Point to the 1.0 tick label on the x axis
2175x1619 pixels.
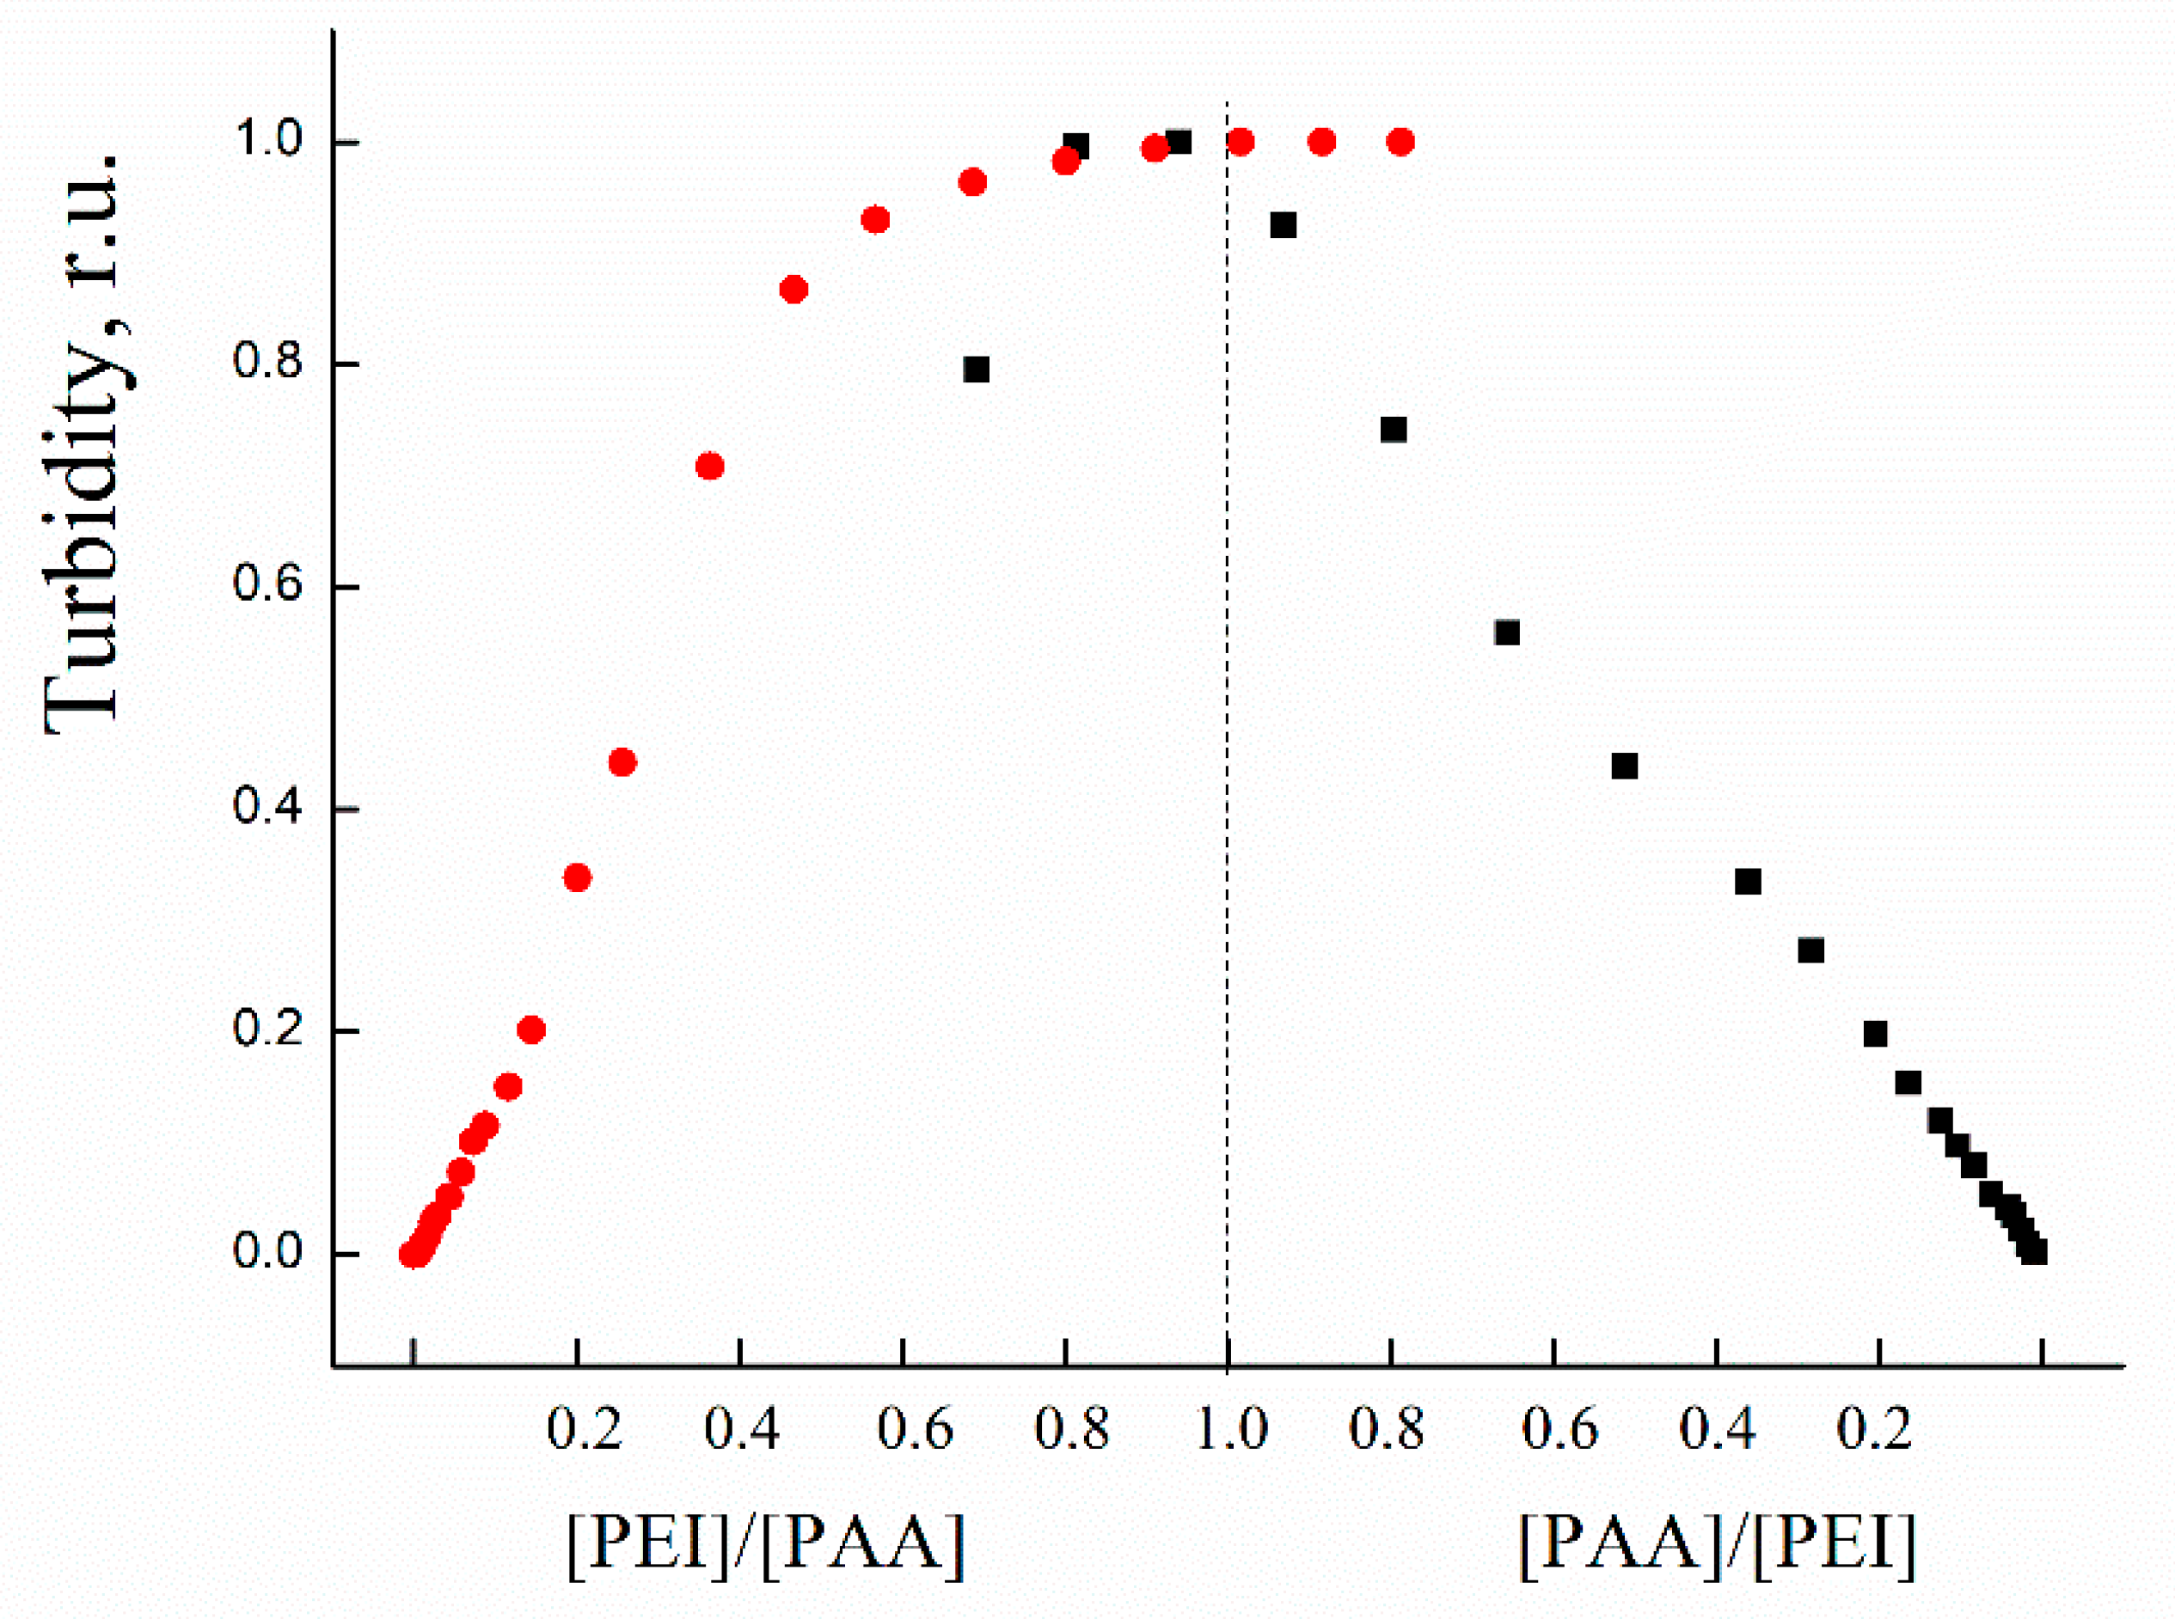[x=1232, y=1429]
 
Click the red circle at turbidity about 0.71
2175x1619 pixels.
[x=709, y=466]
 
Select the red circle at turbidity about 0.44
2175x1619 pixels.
[x=622, y=762]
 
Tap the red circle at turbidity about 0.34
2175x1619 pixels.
[x=578, y=877]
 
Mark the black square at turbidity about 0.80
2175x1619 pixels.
[x=977, y=370]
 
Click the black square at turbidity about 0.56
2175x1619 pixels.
[x=1506, y=633]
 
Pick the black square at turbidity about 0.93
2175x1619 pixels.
[x=1283, y=225]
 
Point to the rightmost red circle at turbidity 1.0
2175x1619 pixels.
[x=1400, y=142]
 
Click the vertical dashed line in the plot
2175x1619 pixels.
[x=1227, y=686]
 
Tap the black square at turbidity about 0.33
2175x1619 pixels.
[x=1748, y=882]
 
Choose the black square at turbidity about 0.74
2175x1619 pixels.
[x=1393, y=431]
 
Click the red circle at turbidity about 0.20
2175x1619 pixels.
[x=531, y=1030]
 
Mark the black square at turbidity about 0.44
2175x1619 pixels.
[x=1624, y=767]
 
